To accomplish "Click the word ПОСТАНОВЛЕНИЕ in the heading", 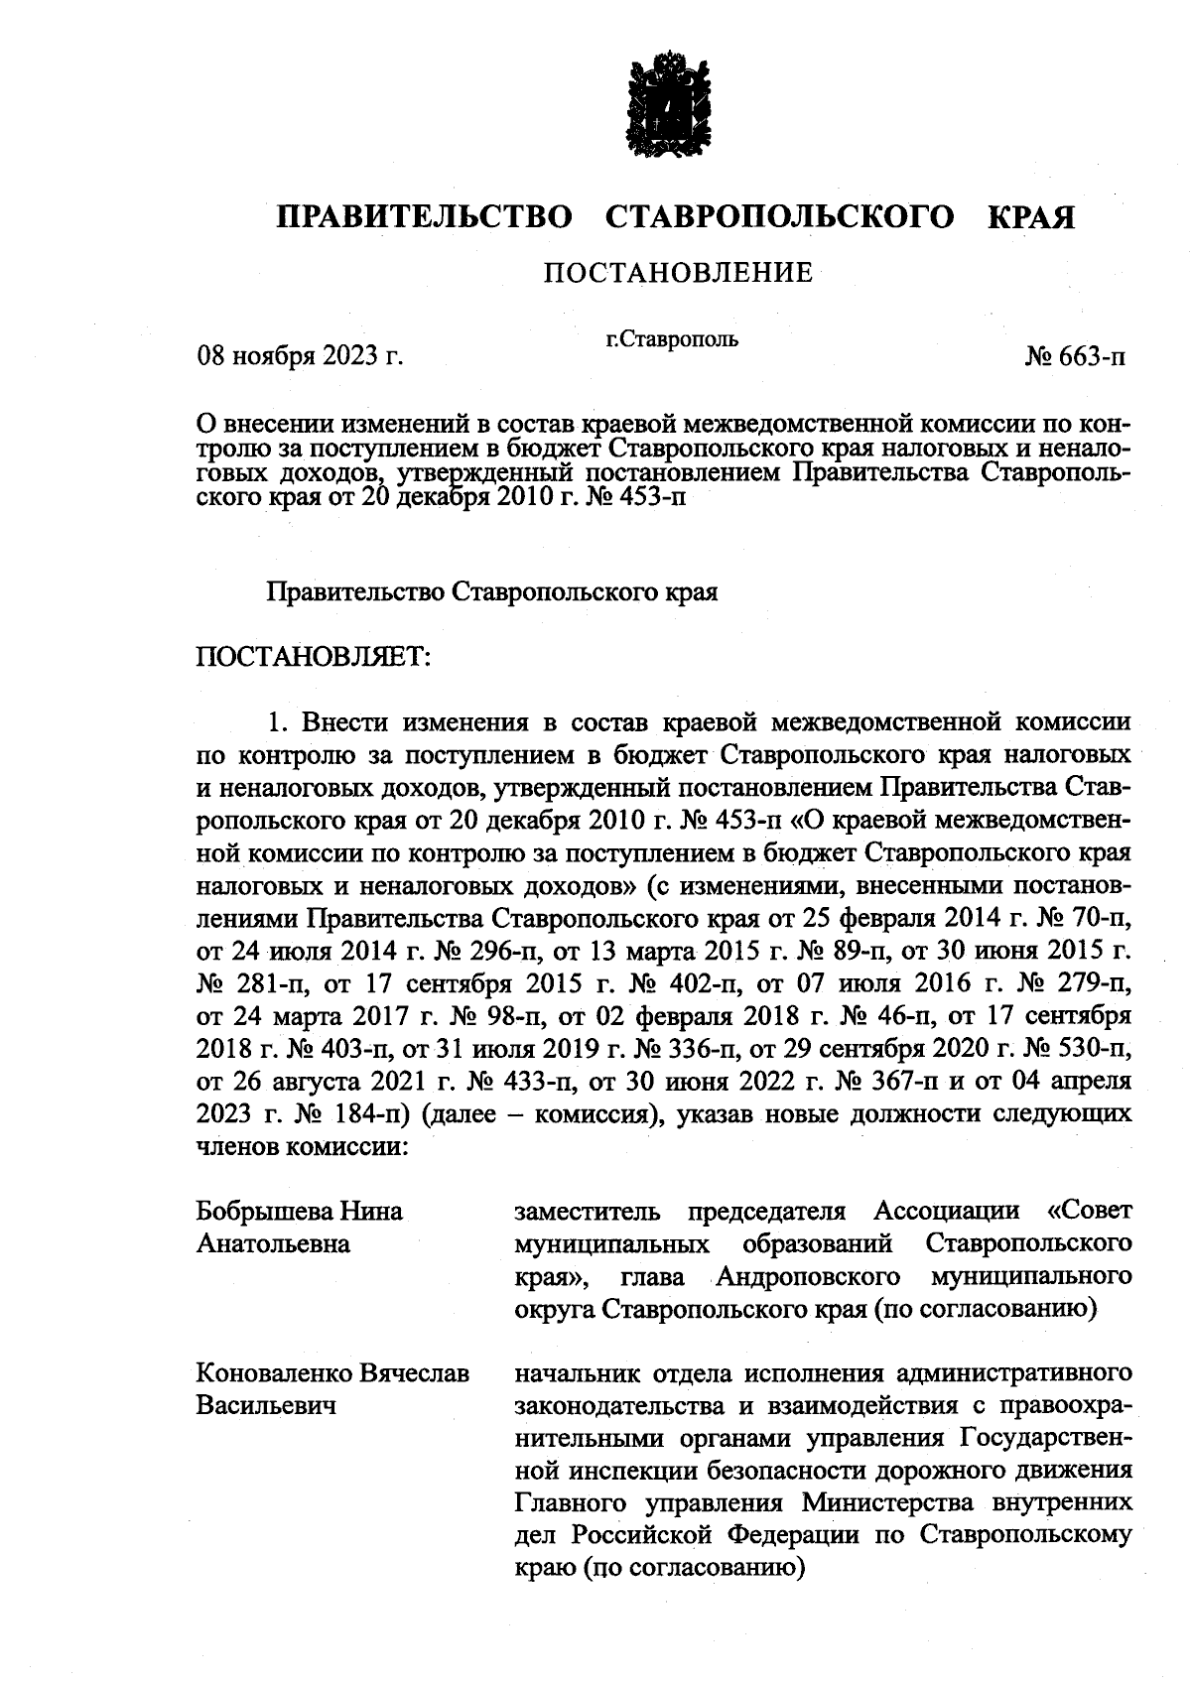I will click(678, 272).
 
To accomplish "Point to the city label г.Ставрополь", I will click(672, 339).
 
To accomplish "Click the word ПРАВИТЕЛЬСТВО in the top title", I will click(424, 217).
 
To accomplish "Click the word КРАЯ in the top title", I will click(1031, 217).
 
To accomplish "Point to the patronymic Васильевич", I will click(266, 1406).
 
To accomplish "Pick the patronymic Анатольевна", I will click(274, 1243).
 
